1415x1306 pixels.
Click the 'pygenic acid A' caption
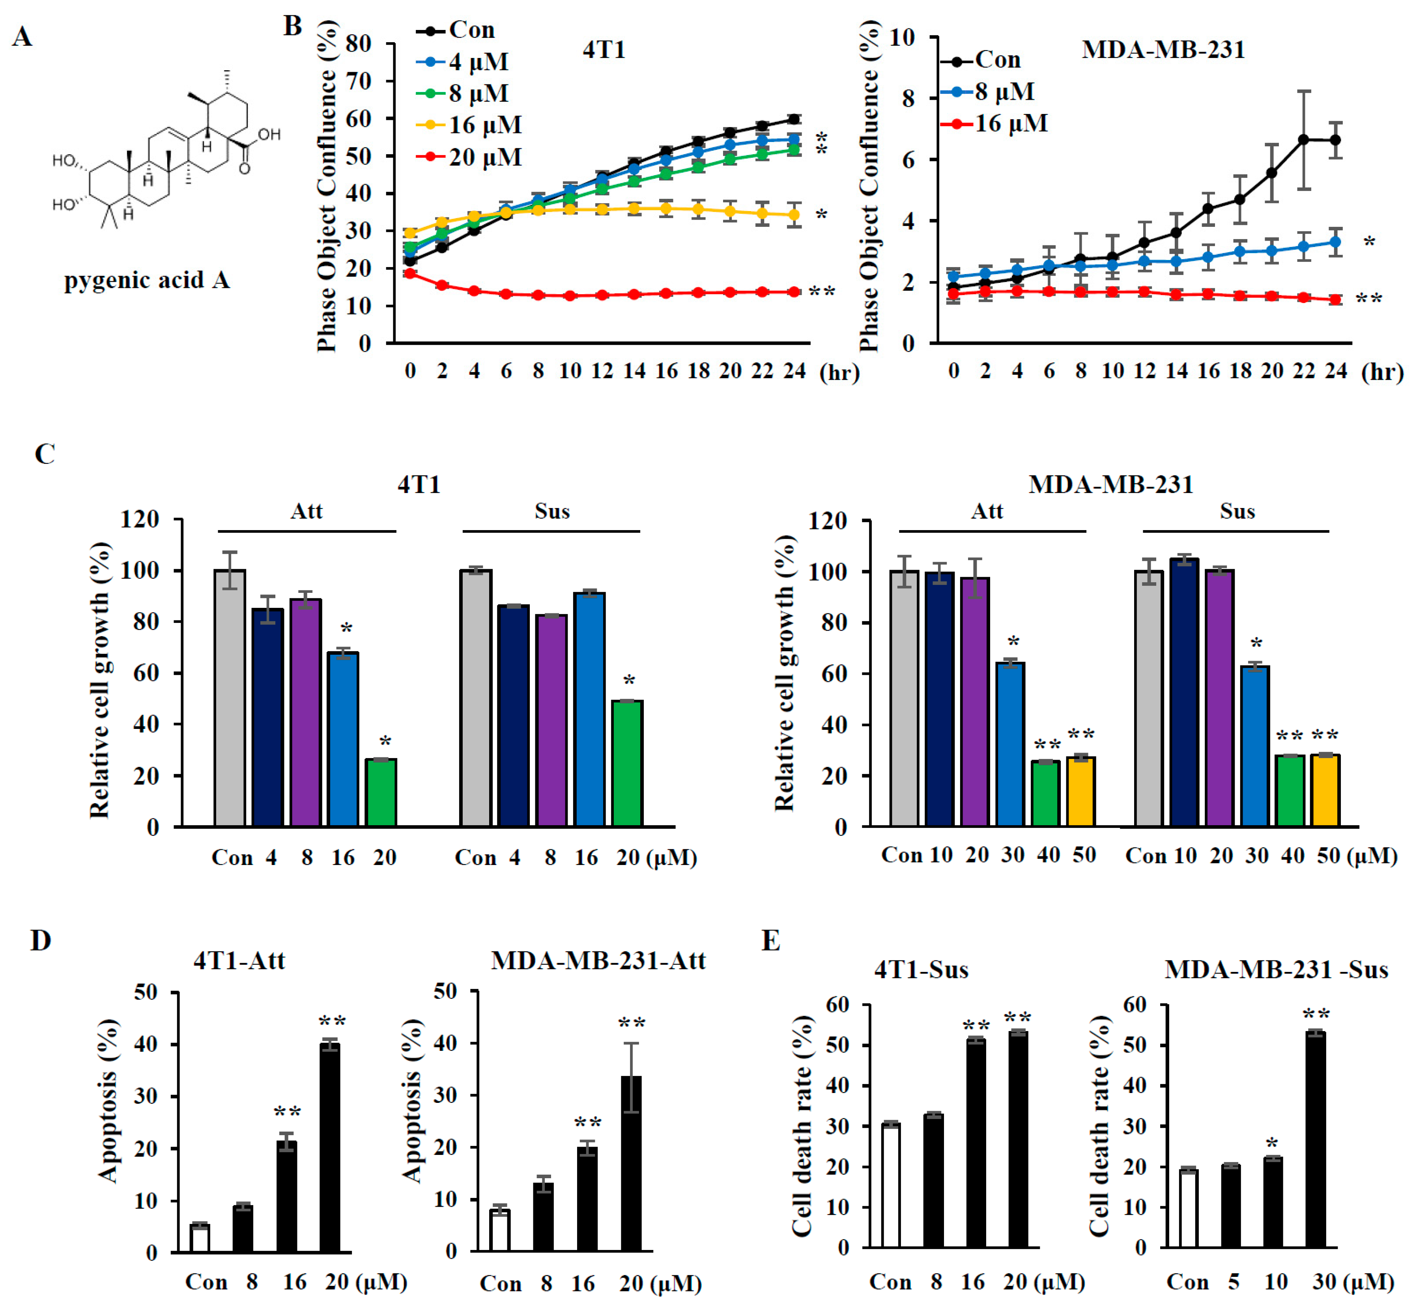(x=147, y=280)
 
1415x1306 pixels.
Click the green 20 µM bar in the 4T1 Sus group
(x=627, y=763)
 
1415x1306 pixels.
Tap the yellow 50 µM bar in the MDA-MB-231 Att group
(x=1081, y=792)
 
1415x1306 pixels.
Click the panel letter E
(x=770, y=941)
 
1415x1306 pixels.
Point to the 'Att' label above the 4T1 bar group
(x=306, y=510)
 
